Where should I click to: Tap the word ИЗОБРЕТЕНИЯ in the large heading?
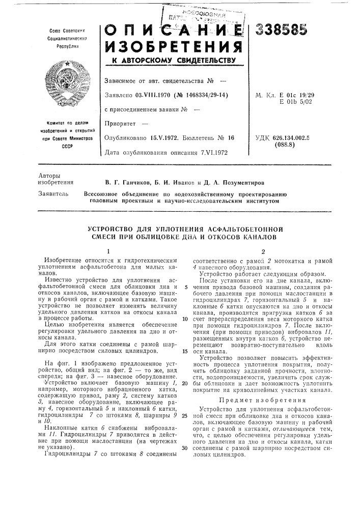point(167,48)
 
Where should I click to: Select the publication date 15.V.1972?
point(163,137)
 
